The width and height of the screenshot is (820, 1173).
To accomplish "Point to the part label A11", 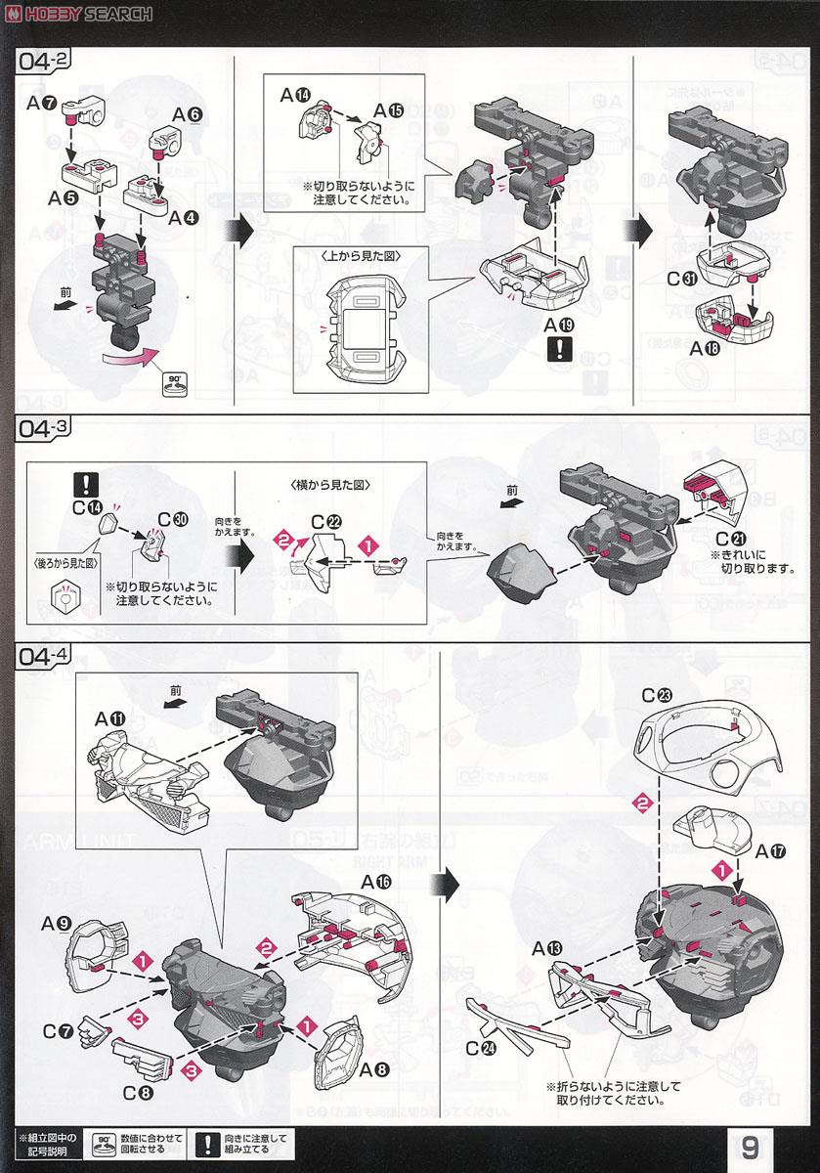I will [x=110, y=718].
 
